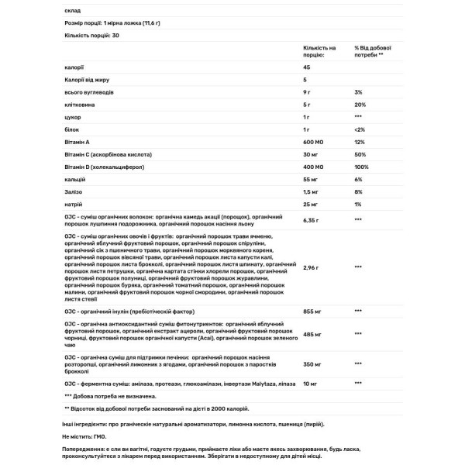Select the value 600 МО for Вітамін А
313,142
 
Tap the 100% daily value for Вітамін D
361,167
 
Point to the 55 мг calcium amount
310,179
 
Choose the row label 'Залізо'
75,191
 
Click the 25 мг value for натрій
310,204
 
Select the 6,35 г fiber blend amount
312,219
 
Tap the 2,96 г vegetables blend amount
312,267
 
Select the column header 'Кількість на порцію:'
319,51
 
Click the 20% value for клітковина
360,105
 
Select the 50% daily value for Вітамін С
360,154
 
